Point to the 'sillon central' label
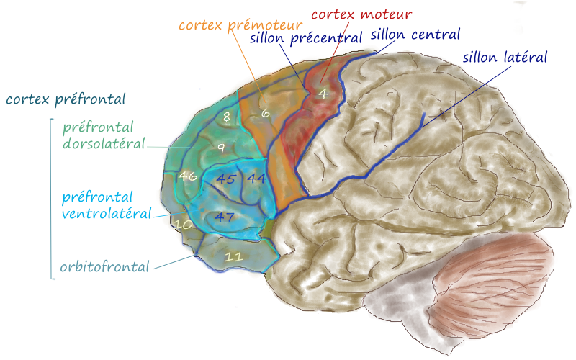[x=415, y=34]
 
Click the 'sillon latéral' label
[x=505, y=56]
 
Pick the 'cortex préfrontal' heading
[x=65, y=99]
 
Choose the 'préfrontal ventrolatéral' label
[x=107, y=204]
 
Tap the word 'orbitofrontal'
[x=104, y=267]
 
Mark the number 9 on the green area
[x=222, y=148]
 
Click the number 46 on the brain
[x=188, y=176]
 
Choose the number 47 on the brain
[x=225, y=216]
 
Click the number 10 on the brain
[x=184, y=225]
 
